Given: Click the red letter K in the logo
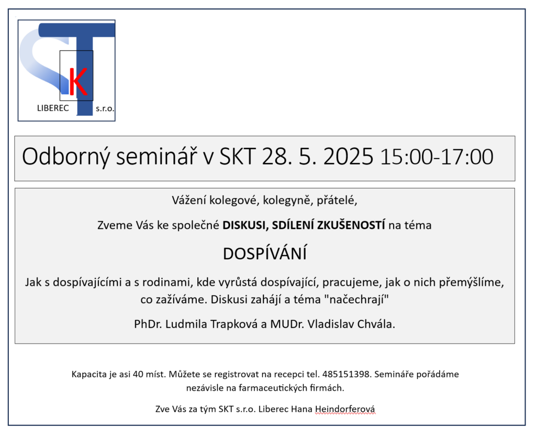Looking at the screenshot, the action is click(x=78, y=81).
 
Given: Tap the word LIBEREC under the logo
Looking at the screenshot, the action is click(x=53, y=108).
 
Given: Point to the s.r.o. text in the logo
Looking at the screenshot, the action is click(x=105, y=109).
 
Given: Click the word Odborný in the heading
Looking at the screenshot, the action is click(x=66, y=157).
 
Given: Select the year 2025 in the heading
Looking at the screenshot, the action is click(x=348, y=157).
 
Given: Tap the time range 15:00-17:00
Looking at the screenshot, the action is click(x=437, y=157).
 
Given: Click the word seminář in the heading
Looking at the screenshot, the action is click(x=157, y=157).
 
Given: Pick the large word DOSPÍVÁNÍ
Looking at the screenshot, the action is click(x=265, y=253).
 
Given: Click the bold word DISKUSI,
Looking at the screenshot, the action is click(x=245, y=225).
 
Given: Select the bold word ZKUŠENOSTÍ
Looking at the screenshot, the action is click(x=351, y=225).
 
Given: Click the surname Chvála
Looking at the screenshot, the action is click(x=376, y=324).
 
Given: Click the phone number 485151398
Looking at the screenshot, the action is click(x=347, y=374).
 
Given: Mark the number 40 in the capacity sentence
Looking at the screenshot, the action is click(x=138, y=374).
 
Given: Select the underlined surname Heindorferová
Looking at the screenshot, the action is click(x=345, y=409).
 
